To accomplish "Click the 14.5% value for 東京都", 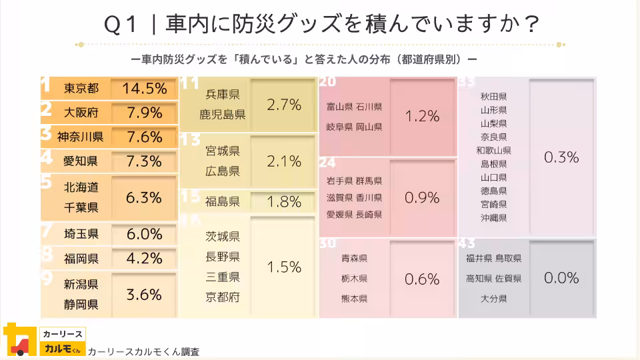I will point(144,88).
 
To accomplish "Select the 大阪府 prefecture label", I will point(81,112).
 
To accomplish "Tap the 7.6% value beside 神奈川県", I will point(144,137).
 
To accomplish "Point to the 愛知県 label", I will point(81,161).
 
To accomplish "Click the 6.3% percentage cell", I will point(144,197).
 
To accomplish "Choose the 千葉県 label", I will point(81,207).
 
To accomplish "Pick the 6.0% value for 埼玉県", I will point(144,234).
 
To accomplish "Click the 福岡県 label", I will point(81,258).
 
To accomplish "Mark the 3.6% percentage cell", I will point(144,294).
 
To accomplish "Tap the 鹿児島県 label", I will point(223,115).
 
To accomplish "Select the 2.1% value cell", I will point(283,161).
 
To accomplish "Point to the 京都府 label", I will point(223,297).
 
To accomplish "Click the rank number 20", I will point(327,83).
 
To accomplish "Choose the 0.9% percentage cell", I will point(422,197).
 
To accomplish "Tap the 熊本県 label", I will point(354,299).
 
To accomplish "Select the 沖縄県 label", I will point(493,217).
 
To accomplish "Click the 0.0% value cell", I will point(561,278).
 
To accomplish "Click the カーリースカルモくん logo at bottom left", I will point(44,341).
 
